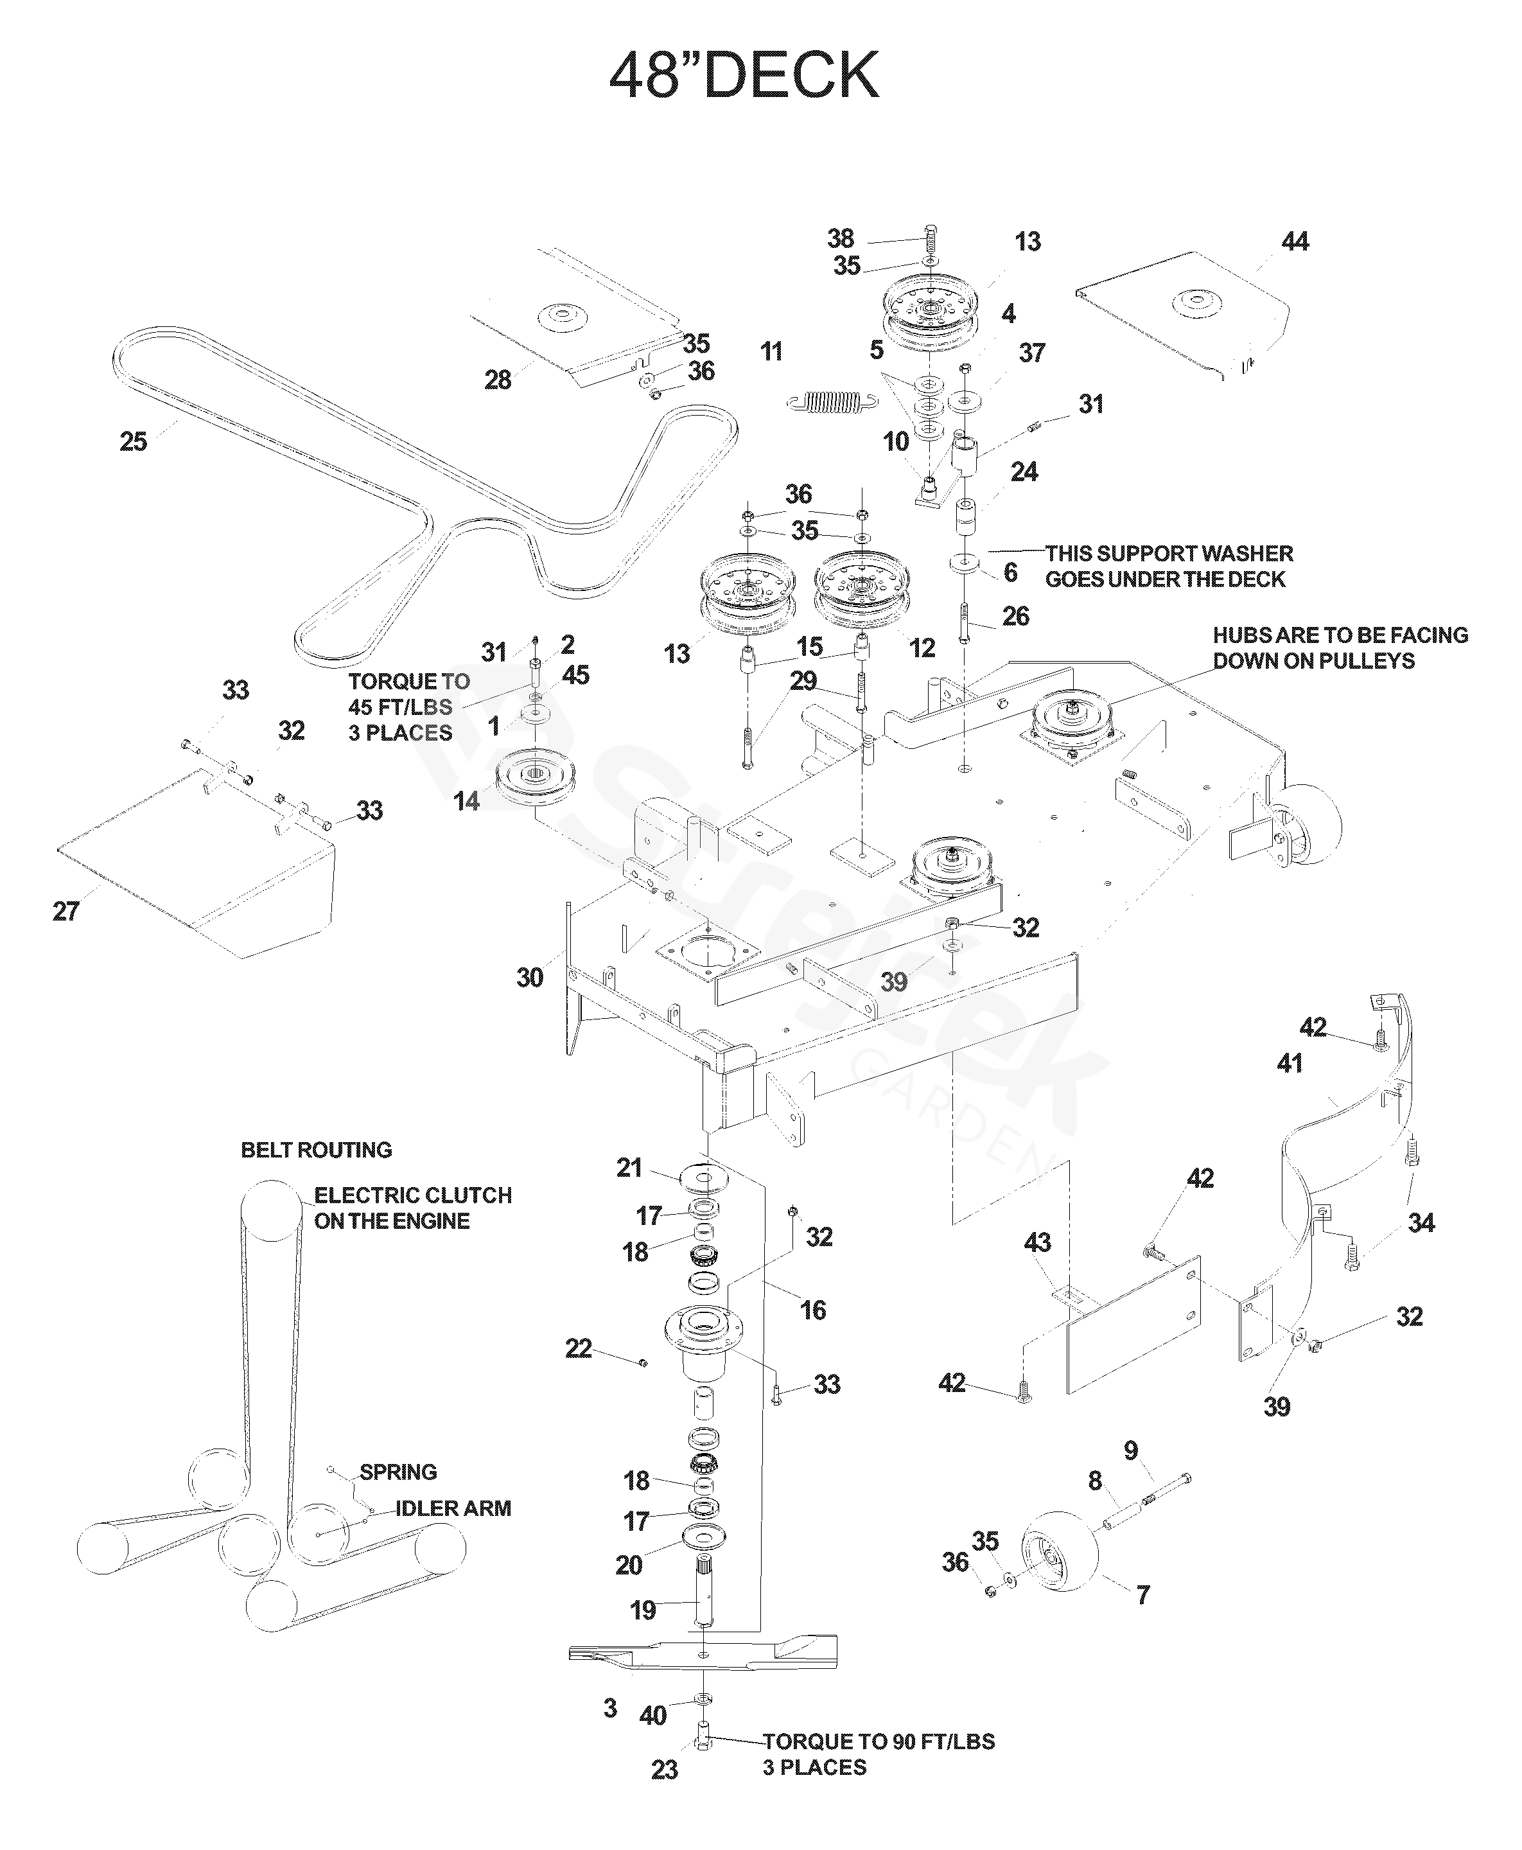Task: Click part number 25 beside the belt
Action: click(x=134, y=441)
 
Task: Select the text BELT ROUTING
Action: click(x=317, y=1149)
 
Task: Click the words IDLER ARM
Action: click(x=453, y=1508)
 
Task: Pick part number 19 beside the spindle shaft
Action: click(x=643, y=1610)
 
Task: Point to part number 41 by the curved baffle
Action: click(x=1290, y=1064)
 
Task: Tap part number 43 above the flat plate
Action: click(x=1038, y=1242)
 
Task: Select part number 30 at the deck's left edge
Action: click(x=530, y=978)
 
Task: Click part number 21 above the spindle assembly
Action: click(x=629, y=1168)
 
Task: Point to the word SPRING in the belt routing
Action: click(x=398, y=1472)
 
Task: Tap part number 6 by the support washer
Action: click(x=1010, y=572)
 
